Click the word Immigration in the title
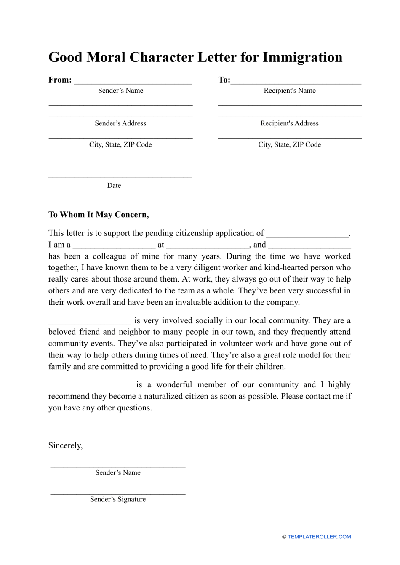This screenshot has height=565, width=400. click(x=302, y=57)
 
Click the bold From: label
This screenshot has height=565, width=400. click(x=60, y=80)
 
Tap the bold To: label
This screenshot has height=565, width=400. click(x=224, y=80)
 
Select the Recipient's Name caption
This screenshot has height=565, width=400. click(x=290, y=91)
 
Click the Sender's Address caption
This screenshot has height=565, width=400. click(x=120, y=123)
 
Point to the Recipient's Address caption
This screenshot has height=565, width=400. click(x=290, y=123)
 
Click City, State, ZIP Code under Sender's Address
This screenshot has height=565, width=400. click(x=120, y=144)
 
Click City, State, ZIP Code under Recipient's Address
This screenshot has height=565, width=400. click(x=290, y=144)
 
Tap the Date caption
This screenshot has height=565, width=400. click(x=114, y=185)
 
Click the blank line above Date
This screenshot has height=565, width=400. click(x=120, y=176)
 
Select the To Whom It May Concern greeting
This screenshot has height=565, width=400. click(x=99, y=215)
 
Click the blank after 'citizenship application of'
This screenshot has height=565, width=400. click(x=307, y=234)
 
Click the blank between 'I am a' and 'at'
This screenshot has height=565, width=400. click(x=114, y=245)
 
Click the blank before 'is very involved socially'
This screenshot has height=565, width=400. click(x=90, y=322)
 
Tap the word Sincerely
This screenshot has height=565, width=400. click(x=65, y=445)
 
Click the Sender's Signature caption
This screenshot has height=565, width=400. click(x=118, y=499)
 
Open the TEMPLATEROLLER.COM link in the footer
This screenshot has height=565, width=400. click(x=319, y=537)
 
